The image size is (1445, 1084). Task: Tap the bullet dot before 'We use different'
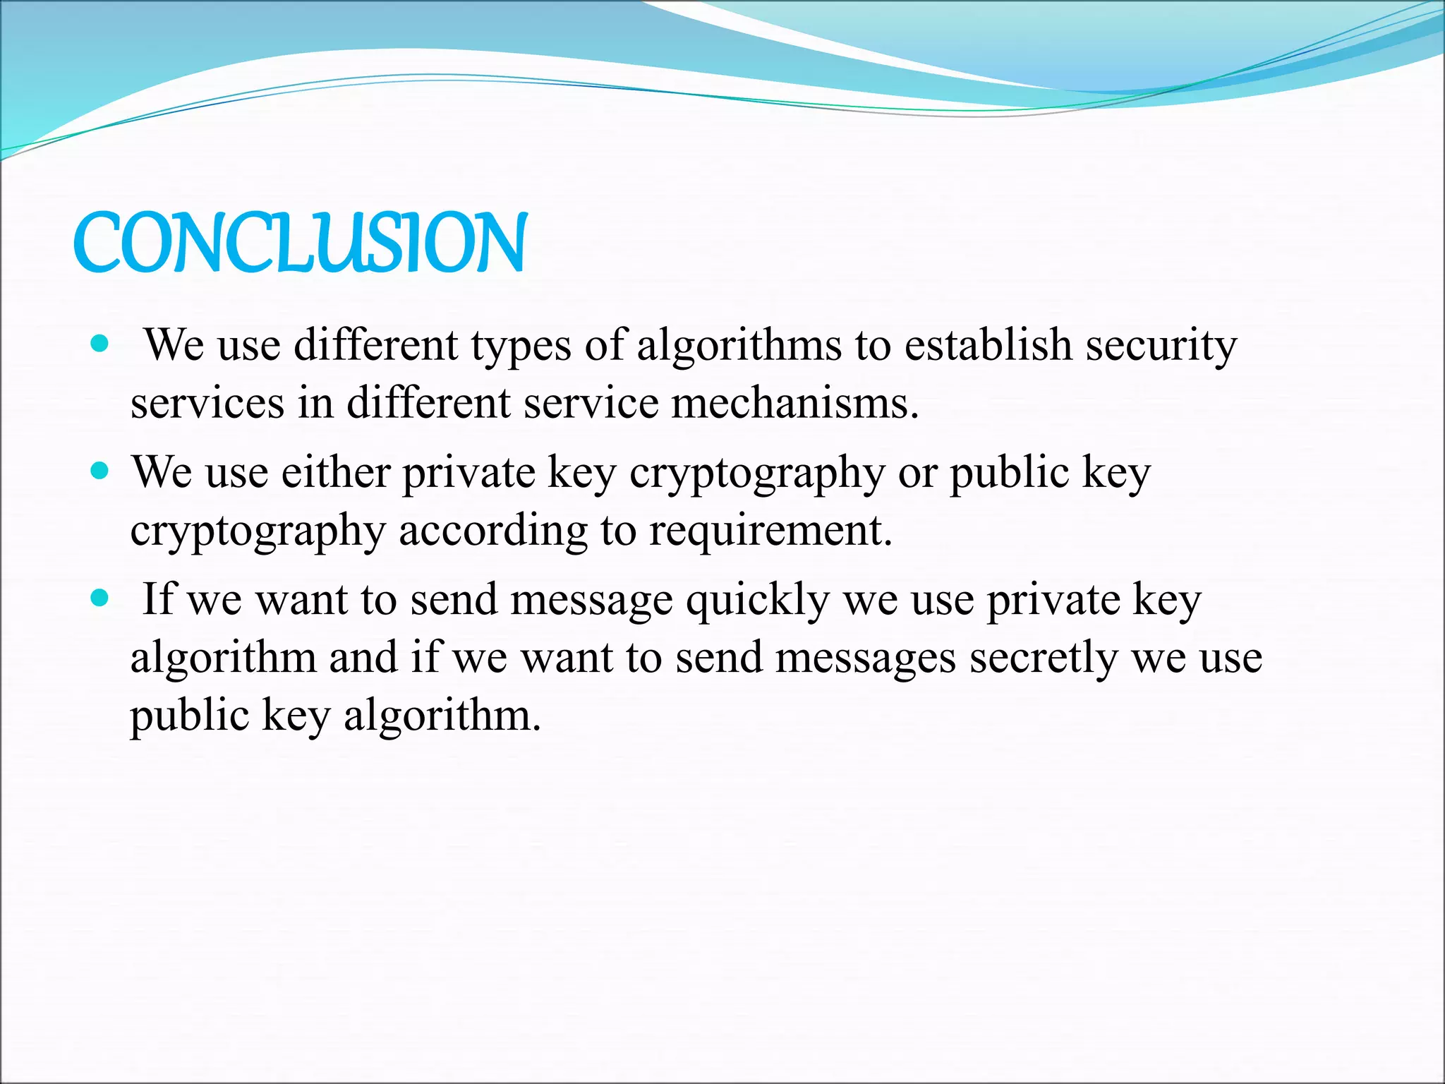pos(100,344)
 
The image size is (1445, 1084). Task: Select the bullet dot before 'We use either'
pos(100,471)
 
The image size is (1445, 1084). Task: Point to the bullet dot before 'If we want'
pos(100,598)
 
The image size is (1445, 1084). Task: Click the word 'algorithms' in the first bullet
pos(739,346)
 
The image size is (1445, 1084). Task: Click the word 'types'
pos(521,347)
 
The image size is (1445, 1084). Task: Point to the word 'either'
pos(336,472)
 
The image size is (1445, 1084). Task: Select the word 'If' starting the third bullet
pos(157,599)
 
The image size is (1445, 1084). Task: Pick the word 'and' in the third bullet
pos(363,658)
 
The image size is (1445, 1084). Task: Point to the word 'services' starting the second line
pos(208,404)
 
